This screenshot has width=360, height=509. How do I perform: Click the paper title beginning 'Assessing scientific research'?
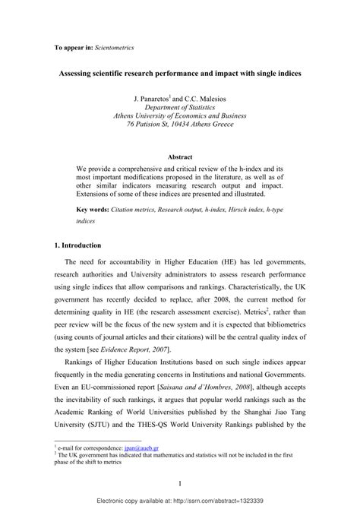pos(179,77)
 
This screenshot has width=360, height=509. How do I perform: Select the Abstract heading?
pos(180,157)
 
